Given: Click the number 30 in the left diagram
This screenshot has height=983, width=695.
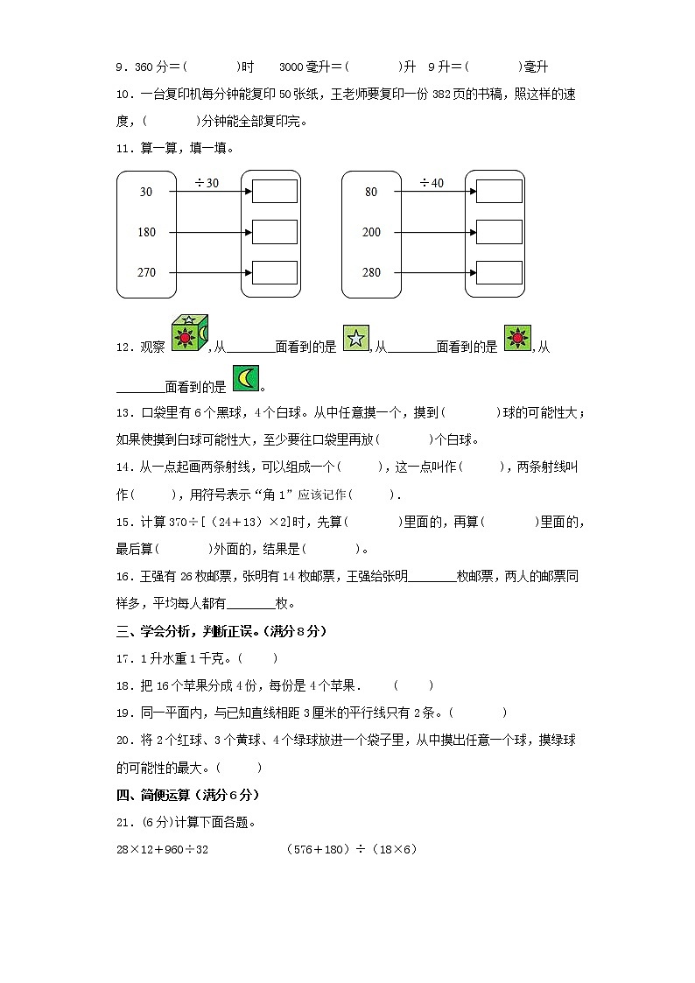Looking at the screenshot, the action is (146, 192).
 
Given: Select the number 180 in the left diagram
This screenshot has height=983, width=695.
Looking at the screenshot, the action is (146, 232).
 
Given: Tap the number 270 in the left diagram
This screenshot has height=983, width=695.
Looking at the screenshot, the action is (146, 272).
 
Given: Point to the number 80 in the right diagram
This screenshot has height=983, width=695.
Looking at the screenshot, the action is (371, 192).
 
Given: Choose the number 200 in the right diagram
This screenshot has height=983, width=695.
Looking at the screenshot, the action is (371, 232).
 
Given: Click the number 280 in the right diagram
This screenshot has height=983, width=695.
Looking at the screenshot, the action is (371, 272).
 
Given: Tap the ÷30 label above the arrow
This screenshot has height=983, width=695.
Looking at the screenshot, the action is (207, 183).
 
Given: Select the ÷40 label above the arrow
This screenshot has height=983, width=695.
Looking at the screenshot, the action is (432, 183).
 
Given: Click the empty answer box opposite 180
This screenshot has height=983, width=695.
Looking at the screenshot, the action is (275, 232).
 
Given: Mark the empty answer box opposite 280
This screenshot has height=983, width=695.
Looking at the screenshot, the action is (499, 272).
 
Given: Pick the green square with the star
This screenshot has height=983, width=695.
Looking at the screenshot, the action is (355, 338).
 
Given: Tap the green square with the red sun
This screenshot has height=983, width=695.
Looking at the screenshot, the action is (517, 337).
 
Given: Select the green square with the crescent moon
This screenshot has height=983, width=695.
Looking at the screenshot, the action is (245, 377).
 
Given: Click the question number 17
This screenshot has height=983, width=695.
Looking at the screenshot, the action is (123, 658).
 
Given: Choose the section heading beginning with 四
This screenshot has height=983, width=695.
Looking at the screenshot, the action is (188, 795).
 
